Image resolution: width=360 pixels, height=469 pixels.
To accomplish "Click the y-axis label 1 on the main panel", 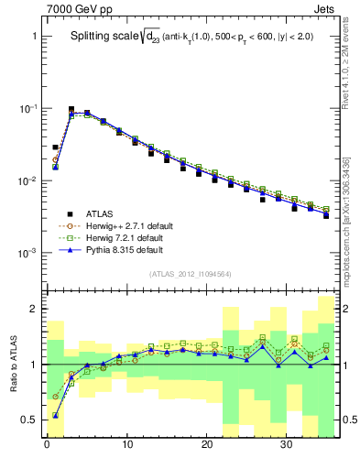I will [32, 37].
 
